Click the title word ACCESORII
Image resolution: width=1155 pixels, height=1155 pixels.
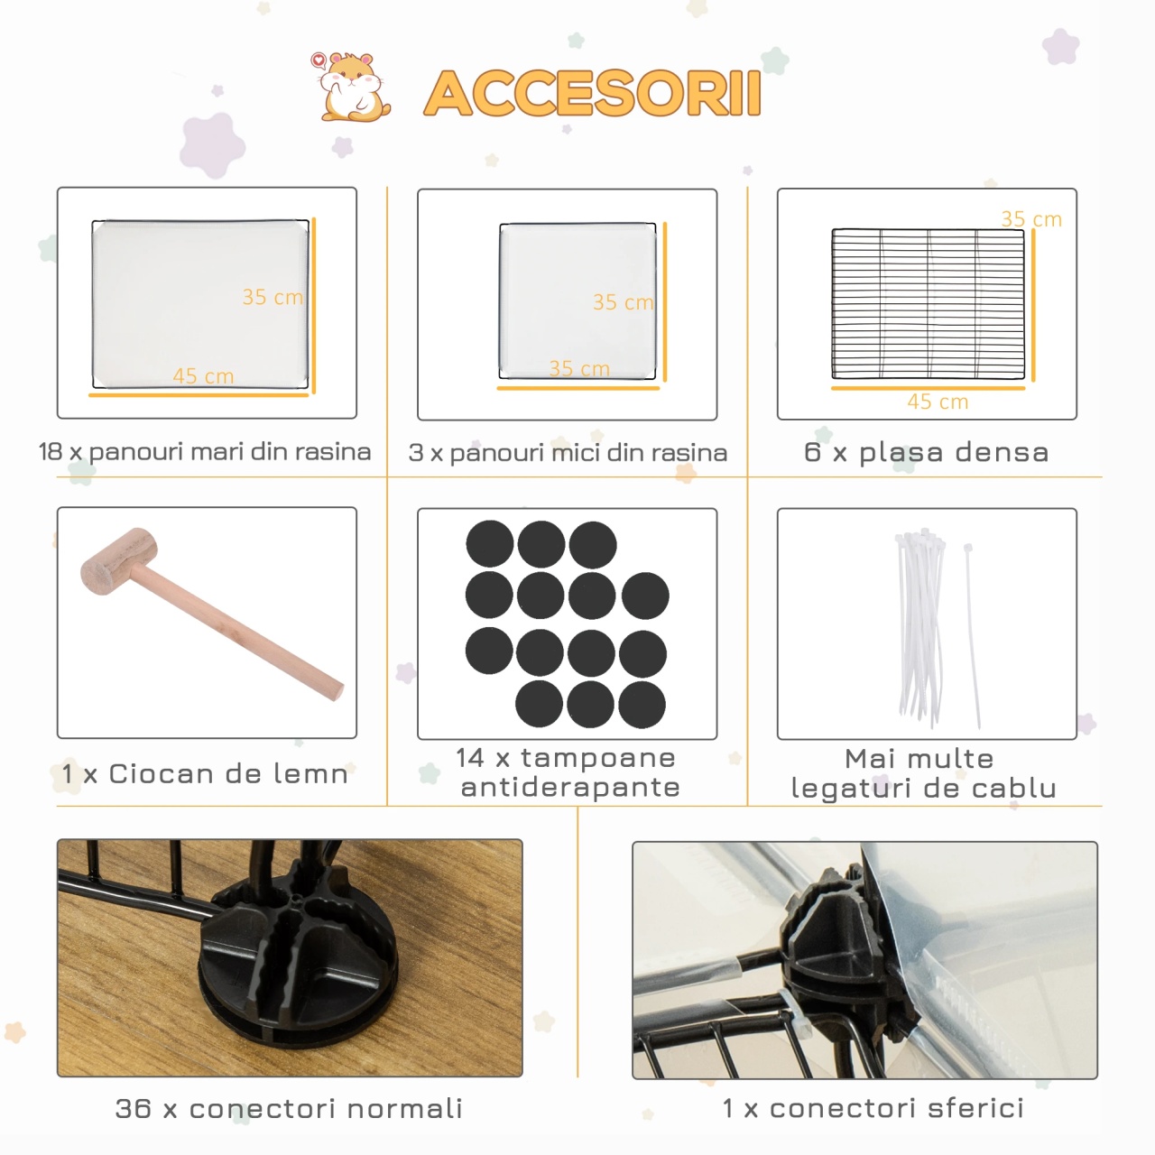coord(593,93)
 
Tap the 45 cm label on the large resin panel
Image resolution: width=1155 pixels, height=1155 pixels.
coord(203,376)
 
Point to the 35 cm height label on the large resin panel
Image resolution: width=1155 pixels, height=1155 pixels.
coord(273,297)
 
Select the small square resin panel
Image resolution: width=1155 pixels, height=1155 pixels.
coord(577,300)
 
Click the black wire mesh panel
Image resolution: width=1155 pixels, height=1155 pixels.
coord(928,304)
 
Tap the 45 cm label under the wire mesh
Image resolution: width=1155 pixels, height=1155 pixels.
coord(938,402)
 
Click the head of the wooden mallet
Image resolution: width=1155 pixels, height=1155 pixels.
coord(119,561)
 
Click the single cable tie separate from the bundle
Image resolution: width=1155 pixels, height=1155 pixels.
coord(972,635)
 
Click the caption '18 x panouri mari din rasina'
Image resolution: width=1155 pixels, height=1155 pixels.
coord(205,452)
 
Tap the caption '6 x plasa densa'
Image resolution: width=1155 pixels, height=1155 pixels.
coord(927,453)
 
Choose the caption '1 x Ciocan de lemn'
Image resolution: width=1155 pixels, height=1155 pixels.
coord(205,774)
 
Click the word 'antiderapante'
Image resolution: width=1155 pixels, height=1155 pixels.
coord(570,787)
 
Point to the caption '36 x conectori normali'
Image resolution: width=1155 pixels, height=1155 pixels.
coord(289,1108)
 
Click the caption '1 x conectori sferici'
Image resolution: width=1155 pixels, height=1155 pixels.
coord(873,1108)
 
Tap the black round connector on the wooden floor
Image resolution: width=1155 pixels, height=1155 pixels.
coord(298,958)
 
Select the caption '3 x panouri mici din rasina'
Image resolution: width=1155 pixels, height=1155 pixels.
coord(568,453)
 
